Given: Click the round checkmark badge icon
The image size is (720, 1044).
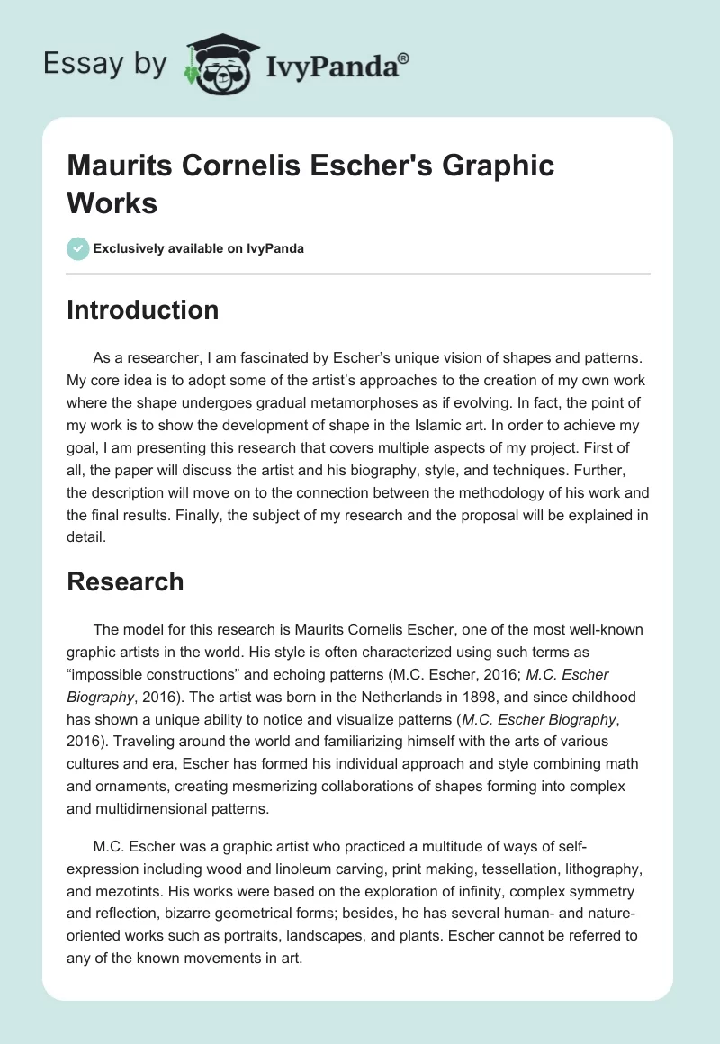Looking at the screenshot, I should click(77, 248).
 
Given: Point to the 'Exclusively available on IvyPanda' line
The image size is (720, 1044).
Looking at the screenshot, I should click(199, 248).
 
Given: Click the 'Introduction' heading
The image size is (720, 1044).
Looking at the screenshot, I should click(142, 310).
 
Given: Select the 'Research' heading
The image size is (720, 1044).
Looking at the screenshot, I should click(125, 581).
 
